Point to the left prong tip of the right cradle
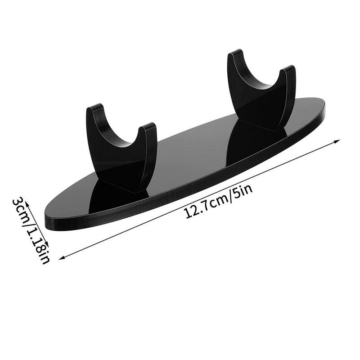(237, 54)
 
